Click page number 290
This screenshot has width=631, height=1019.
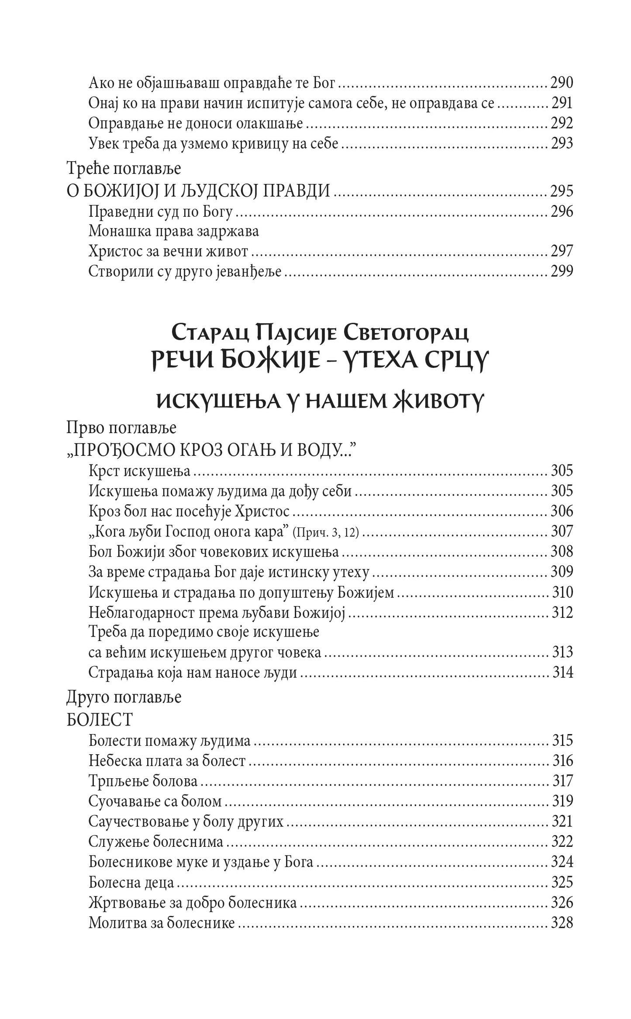tap(561, 83)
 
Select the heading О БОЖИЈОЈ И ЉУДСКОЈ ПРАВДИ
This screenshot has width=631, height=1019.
tap(198, 191)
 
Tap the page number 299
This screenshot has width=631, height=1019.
tap(561, 271)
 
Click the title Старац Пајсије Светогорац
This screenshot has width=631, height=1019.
tap(320, 334)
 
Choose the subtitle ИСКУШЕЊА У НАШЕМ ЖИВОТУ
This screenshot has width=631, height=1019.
tap(319, 401)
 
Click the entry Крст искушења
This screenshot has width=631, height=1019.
tap(140, 471)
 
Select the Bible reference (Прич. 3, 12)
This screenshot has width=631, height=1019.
tap(326, 532)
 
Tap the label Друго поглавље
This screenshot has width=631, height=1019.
tap(124, 697)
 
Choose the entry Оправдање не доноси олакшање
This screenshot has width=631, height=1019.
tap(196, 123)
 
